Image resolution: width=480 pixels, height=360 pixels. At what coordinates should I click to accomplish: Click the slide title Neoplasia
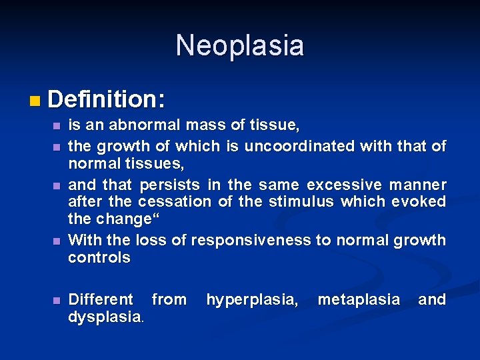[x=240, y=46]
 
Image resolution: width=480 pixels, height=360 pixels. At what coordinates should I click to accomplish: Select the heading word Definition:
[x=106, y=100]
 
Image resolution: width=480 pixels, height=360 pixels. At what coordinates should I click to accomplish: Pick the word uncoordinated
[x=300, y=146]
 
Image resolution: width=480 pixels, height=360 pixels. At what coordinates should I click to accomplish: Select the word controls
[x=99, y=258]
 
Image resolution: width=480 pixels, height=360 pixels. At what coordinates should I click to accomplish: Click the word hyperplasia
[x=252, y=300]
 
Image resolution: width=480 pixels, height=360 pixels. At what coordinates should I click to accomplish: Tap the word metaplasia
[x=359, y=300]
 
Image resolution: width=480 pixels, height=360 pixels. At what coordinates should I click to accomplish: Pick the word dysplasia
[x=104, y=318]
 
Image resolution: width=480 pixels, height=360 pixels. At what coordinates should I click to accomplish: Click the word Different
[x=101, y=300]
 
